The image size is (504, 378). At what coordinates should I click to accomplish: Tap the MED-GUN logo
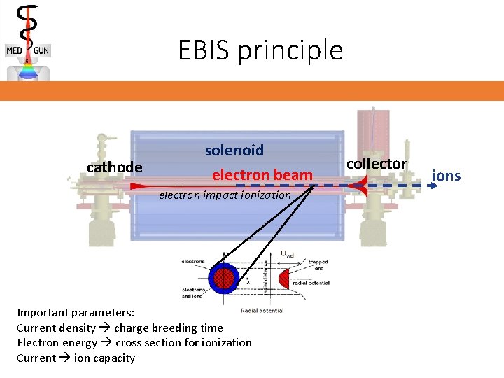[28, 42]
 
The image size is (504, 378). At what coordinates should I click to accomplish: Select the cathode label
[114, 167]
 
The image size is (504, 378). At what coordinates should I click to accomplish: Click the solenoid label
[234, 150]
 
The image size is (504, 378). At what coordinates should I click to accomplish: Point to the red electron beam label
[262, 175]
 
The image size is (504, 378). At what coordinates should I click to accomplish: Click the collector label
[377, 163]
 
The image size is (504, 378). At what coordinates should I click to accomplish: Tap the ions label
[447, 175]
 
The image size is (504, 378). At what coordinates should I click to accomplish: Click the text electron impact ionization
[224, 195]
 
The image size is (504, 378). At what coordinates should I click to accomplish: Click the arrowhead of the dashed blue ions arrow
[428, 186]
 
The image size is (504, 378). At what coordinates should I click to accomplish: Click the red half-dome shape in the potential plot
[283, 279]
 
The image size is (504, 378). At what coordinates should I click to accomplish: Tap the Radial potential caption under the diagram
[262, 310]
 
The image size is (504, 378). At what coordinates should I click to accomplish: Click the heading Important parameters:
[76, 313]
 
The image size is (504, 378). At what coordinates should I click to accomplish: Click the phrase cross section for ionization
[183, 342]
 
